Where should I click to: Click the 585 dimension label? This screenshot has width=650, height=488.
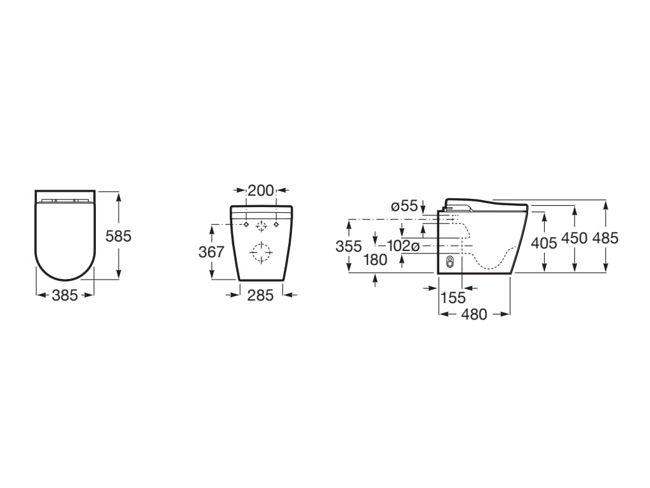pyautogui.click(x=118, y=236)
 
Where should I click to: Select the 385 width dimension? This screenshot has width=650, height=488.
pyautogui.click(x=65, y=295)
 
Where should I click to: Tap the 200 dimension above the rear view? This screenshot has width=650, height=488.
pyautogui.click(x=261, y=191)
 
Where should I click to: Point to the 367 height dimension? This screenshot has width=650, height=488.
pyautogui.click(x=211, y=252)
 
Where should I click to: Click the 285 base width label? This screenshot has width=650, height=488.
pyautogui.click(x=261, y=295)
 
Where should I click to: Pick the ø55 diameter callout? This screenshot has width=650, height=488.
pyautogui.click(x=404, y=206)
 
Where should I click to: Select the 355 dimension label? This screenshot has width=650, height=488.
pyautogui.click(x=348, y=246)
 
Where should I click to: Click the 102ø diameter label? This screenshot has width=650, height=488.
pyautogui.click(x=403, y=246)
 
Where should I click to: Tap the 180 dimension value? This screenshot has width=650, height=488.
pyautogui.click(x=375, y=260)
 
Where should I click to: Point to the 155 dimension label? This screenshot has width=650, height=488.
pyautogui.click(x=453, y=297)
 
